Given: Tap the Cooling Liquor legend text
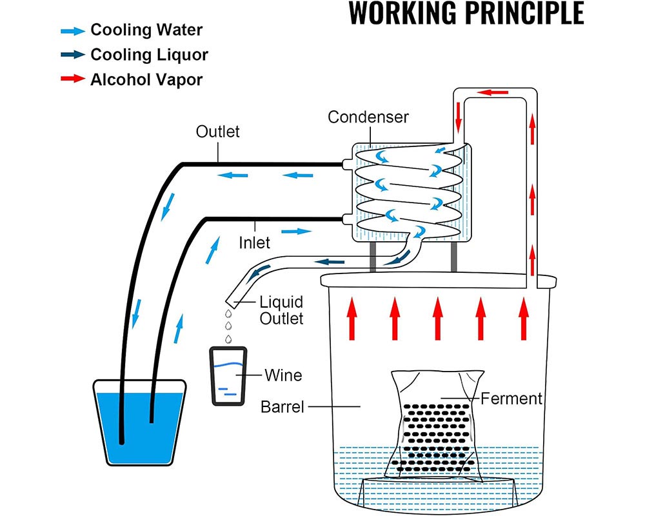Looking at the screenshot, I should [x=149, y=55].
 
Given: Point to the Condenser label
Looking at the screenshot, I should [x=368, y=117].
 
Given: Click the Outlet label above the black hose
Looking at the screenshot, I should [x=217, y=132].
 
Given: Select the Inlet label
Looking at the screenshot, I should [x=254, y=243].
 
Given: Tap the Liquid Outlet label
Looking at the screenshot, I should [x=281, y=310].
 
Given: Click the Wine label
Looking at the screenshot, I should [x=283, y=374].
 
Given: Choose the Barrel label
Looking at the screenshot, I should [x=282, y=407].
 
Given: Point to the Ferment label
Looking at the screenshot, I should [x=511, y=398].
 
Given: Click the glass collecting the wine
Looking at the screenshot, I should [x=228, y=376].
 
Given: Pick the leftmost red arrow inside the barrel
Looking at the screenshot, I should [x=352, y=317].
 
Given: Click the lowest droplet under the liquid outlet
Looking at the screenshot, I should [x=227, y=339].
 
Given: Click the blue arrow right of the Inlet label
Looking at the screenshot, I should [x=293, y=230].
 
